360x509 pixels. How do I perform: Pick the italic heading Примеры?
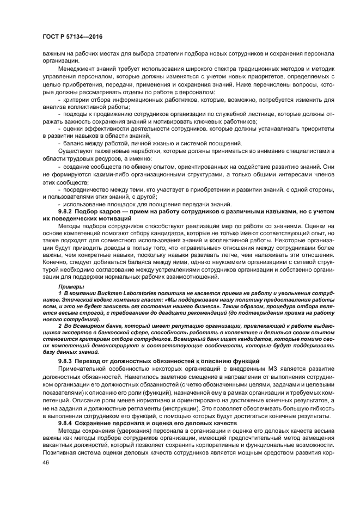click(71, 286)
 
